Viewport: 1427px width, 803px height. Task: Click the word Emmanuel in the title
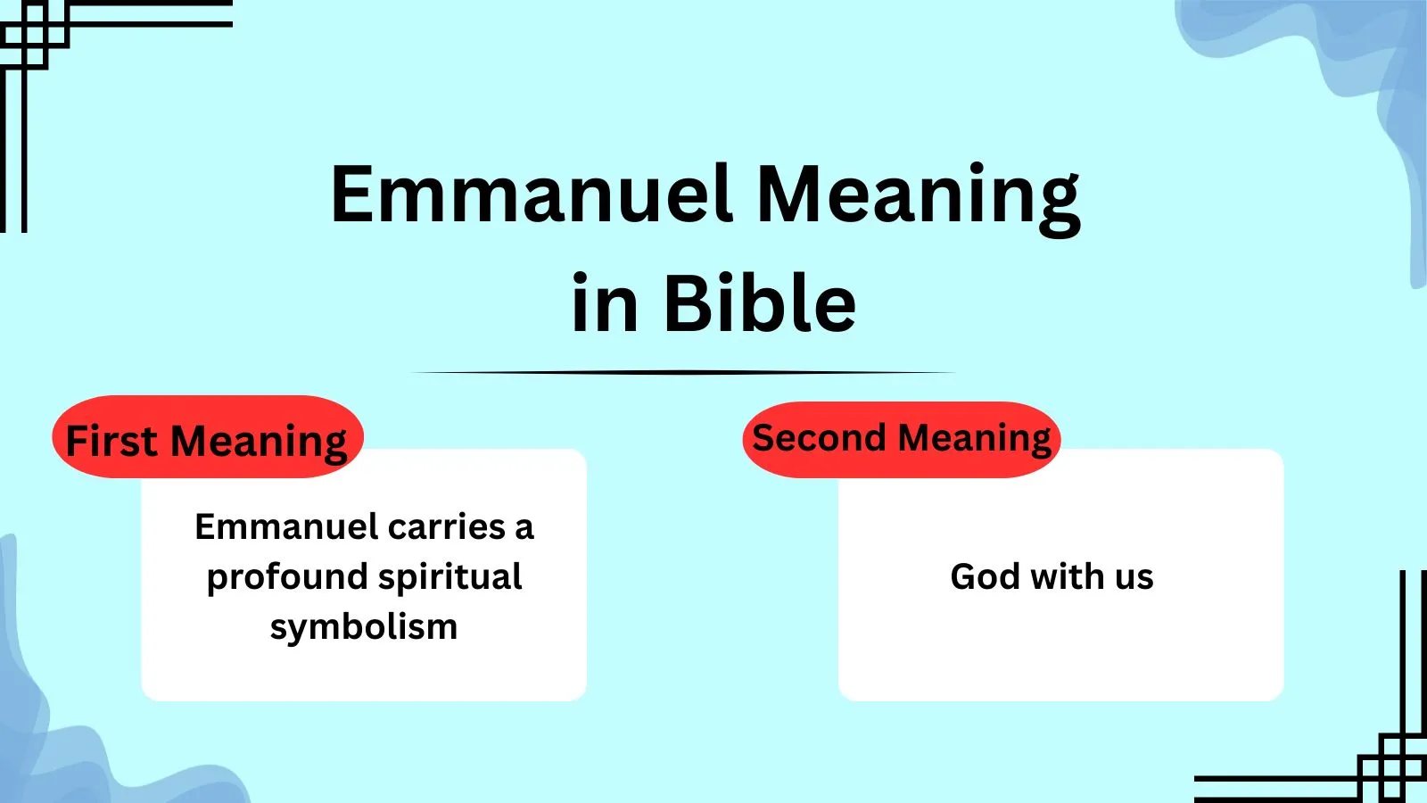point(532,195)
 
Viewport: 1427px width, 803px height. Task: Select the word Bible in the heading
point(759,304)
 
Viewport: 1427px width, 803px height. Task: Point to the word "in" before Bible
point(605,304)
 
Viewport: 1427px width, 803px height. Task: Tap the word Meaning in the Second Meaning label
point(975,439)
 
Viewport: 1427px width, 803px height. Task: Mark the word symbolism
point(364,627)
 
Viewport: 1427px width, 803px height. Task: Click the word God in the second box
point(985,576)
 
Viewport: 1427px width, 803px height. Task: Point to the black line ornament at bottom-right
point(1391,767)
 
